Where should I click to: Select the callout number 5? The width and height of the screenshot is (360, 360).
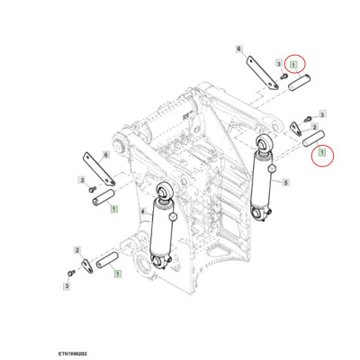click(285, 183)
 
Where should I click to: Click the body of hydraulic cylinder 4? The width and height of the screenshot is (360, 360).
click(163, 230)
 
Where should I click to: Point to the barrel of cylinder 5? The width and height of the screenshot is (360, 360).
click(267, 184)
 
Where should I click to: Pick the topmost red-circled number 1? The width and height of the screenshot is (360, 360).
click(293, 65)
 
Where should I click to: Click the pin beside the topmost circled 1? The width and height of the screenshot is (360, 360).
click(299, 83)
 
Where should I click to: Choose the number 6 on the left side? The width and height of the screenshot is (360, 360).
click(107, 156)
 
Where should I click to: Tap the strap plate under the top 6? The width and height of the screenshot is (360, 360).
click(261, 73)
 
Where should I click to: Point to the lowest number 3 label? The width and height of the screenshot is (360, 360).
click(67, 285)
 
